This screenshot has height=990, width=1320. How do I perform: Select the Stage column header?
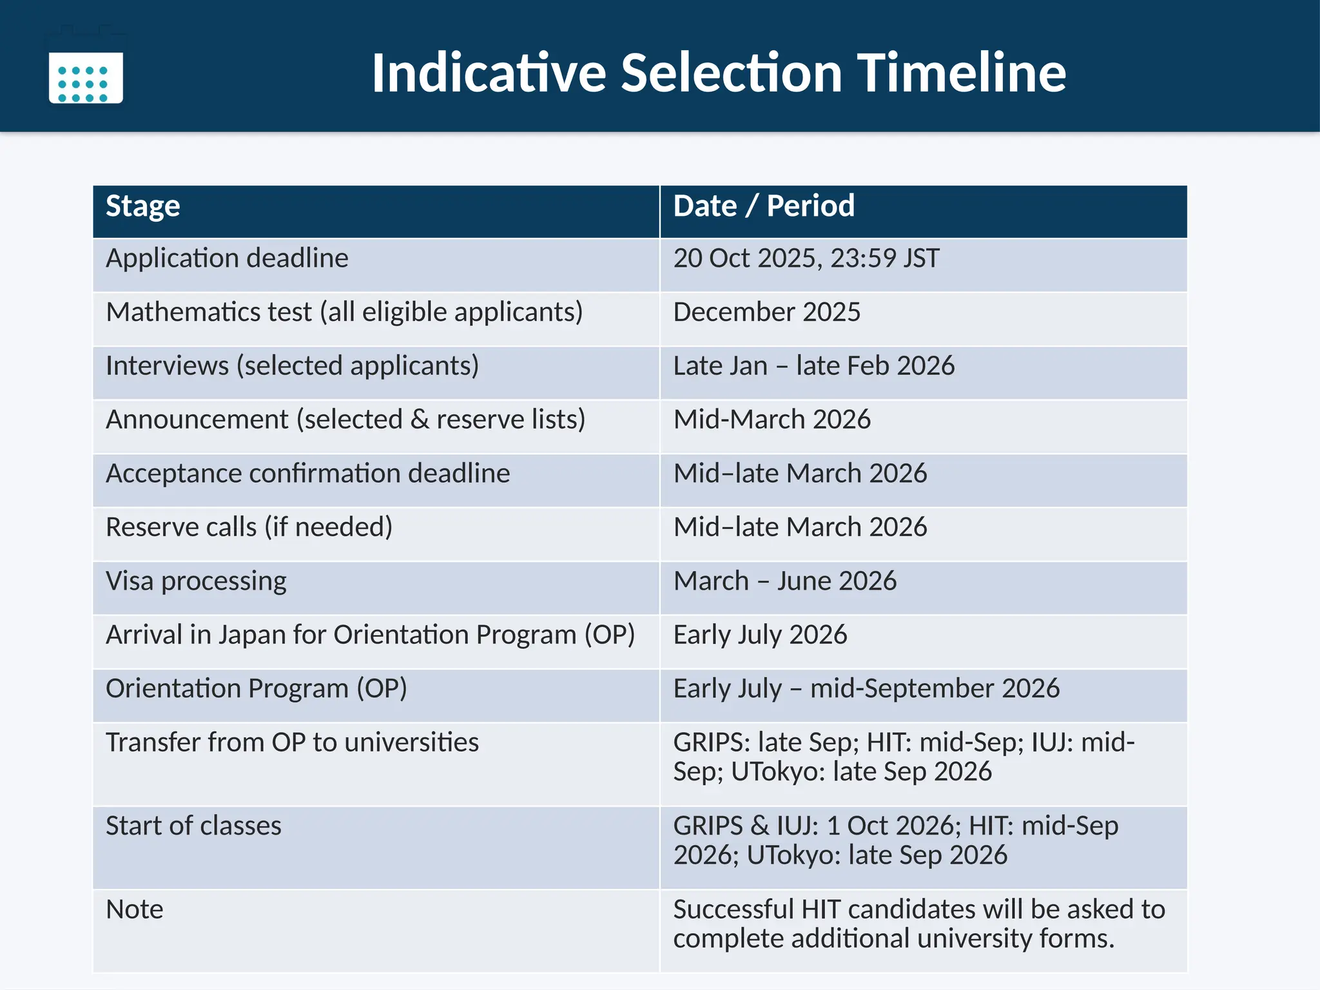tap(143, 207)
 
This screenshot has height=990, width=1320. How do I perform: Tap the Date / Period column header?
tap(764, 207)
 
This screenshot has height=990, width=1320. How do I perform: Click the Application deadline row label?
tap(227, 258)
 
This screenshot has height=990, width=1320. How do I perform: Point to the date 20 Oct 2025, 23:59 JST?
tap(806, 258)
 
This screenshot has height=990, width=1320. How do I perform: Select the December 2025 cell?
tap(767, 313)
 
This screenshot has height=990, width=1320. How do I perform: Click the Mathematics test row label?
tap(344, 313)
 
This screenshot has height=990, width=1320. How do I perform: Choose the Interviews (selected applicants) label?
tap(292, 366)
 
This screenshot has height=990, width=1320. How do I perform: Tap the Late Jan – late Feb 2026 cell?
tap(814, 366)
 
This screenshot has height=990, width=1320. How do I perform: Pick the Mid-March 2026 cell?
tap(772, 420)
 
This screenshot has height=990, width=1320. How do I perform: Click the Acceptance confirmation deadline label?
tap(308, 474)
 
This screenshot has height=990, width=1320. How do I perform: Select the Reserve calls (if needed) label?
tap(249, 527)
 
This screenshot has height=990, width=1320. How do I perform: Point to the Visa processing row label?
tap(196, 581)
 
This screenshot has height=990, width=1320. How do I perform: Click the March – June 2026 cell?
tap(785, 581)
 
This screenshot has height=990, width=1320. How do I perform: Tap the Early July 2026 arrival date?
tap(761, 635)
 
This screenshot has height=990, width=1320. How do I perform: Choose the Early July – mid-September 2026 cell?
tap(866, 688)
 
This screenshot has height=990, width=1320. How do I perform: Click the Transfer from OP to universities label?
tap(292, 742)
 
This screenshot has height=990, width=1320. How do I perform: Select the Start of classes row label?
tap(193, 826)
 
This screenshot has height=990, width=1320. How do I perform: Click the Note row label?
tap(134, 909)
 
